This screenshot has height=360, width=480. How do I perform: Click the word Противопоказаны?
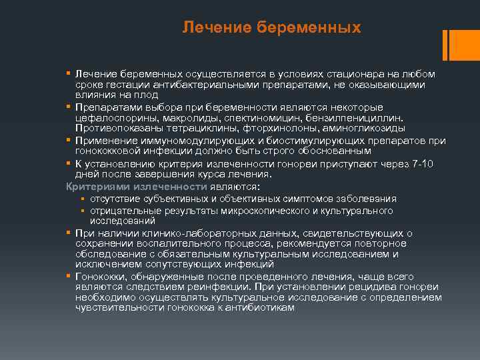tap(119, 128)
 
